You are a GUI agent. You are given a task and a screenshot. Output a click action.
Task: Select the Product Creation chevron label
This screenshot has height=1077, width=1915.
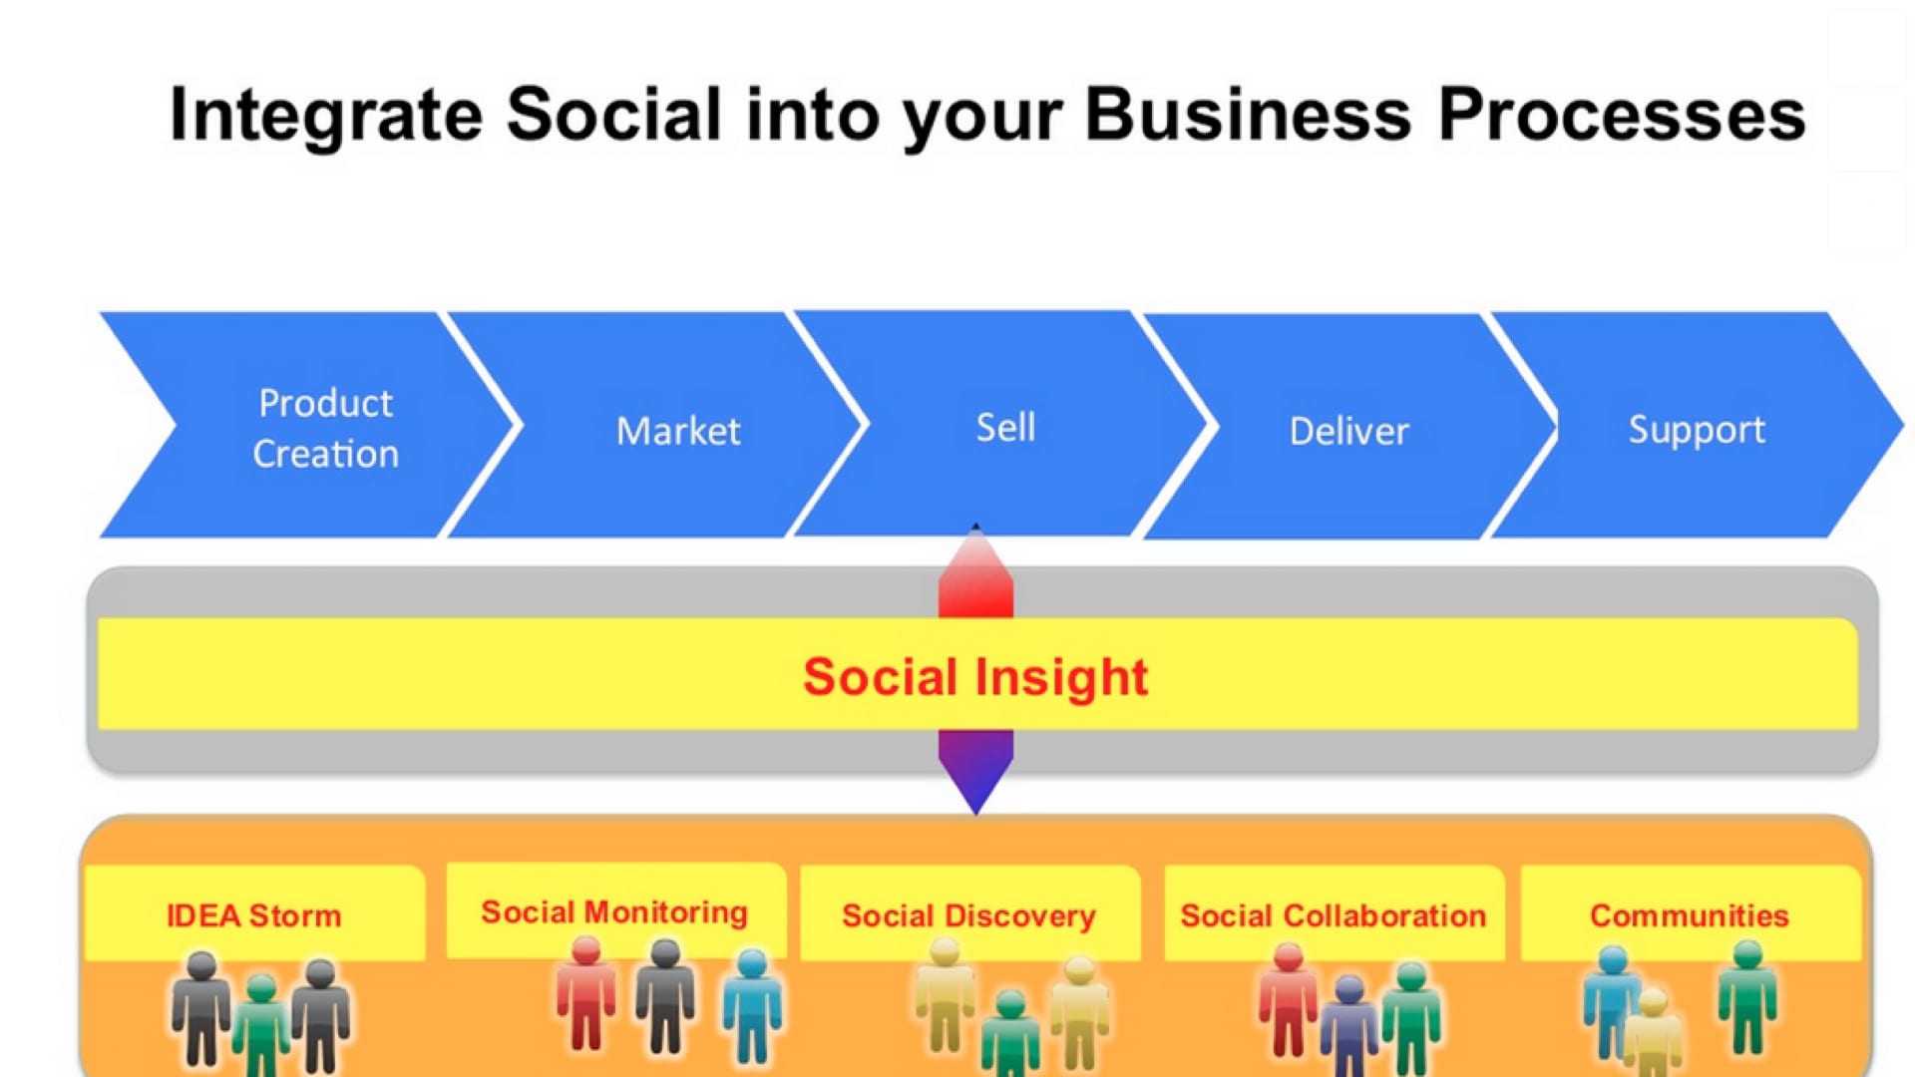coord(325,428)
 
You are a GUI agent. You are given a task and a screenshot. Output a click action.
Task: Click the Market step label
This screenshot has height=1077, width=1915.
coord(678,431)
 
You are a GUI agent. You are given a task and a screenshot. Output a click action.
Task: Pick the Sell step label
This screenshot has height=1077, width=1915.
coord(1005,427)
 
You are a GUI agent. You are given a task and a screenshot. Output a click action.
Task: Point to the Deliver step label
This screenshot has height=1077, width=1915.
coord(1349,431)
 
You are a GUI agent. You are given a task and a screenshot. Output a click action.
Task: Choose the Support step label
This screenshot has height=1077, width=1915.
coord(1697,430)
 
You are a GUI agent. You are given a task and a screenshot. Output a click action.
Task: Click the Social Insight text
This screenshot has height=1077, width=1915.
coord(975,677)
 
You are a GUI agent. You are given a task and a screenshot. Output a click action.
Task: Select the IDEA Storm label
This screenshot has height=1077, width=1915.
coord(253,915)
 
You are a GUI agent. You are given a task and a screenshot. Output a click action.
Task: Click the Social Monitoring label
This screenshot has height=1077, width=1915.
coord(614,912)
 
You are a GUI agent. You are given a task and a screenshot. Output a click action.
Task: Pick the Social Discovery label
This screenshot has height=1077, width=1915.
coord(968,915)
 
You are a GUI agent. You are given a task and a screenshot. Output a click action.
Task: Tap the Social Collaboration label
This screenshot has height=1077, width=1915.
coord(1334,915)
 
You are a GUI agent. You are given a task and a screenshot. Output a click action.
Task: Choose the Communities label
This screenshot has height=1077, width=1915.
coord(1690,915)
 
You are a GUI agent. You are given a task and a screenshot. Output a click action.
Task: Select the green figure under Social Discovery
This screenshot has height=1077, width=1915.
coord(1010,1033)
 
